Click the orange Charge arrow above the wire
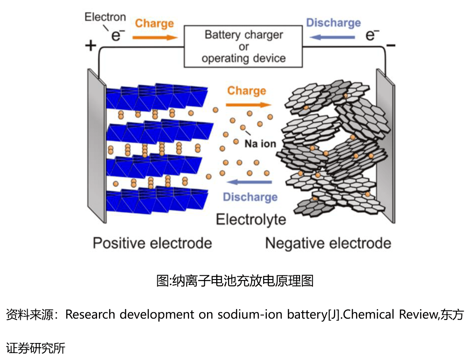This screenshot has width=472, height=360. (x=155, y=38)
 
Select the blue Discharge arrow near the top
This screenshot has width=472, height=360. (x=332, y=37)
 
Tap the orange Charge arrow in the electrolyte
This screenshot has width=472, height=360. (x=248, y=105)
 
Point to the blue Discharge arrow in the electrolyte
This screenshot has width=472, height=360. (x=249, y=182)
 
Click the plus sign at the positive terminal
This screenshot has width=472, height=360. (x=90, y=46)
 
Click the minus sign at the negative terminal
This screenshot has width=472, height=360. (x=391, y=46)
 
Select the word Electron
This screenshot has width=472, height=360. (x=105, y=17)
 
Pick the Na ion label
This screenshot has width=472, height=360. (x=260, y=144)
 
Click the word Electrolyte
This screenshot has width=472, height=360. (x=251, y=220)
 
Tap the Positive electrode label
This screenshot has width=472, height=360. (x=152, y=243)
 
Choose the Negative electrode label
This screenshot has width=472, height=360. (x=328, y=243)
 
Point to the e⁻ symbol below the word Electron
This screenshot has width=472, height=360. (x=118, y=35)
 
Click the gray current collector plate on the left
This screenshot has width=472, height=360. (x=97, y=146)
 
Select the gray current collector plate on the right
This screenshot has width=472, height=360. (x=386, y=146)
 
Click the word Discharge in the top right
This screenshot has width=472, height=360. (x=333, y=23)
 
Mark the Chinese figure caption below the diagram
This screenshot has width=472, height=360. (x=235, y=280)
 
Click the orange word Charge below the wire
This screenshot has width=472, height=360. (x=247, y=91)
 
